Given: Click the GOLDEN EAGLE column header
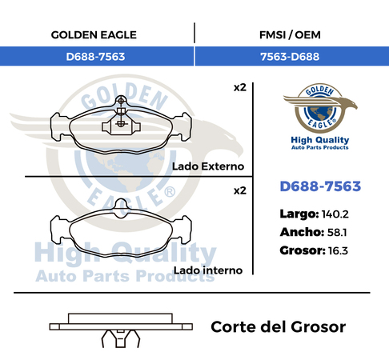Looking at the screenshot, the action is point(94,35).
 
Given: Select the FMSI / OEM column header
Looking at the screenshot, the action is point(290,35).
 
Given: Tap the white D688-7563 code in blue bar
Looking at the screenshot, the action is point(95,57).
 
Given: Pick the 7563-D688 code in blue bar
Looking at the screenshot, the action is point(290,57).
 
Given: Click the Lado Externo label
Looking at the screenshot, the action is point(208,166).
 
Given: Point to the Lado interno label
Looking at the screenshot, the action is point(208,270).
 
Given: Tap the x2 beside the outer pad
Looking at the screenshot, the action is point(240,87).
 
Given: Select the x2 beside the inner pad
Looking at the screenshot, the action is point(240,190).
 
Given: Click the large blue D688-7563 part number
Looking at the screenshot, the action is point(320,186).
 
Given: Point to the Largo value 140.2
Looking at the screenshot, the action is point(335,214).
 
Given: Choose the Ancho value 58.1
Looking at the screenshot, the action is point(337,233).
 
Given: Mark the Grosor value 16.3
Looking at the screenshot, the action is point(338,251).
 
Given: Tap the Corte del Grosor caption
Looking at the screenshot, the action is point(279,327).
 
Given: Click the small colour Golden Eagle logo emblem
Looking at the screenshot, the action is point(320,108).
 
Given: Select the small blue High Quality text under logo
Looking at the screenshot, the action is point(320,140).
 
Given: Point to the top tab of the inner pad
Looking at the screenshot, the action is point(121,206).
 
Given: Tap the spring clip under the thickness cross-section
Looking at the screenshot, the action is point(121,338).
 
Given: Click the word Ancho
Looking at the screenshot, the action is point(302,233).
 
